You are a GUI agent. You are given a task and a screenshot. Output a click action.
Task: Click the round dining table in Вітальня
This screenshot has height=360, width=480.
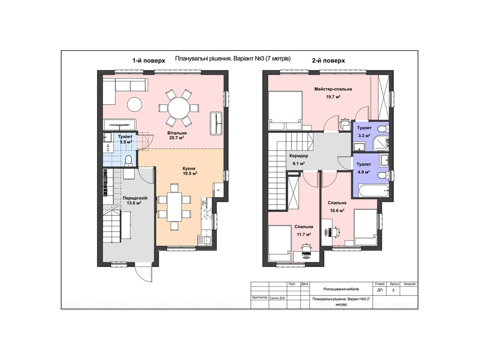click(x=179, y=108)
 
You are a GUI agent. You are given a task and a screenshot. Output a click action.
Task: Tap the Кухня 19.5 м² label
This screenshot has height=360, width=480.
click(x=189, y=171)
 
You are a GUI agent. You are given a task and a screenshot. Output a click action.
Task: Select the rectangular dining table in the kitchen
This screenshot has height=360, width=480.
click(x=174, y=207)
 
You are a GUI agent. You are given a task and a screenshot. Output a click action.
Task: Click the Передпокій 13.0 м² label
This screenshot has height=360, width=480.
click(x=135, y=200)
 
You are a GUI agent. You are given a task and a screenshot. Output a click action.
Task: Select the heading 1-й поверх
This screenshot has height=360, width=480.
click(x=149, y=61)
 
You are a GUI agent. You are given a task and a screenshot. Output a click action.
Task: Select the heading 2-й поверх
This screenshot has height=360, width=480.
click(x=328, y=61)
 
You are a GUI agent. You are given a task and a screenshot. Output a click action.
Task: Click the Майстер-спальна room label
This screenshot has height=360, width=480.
click(x=333, y=89)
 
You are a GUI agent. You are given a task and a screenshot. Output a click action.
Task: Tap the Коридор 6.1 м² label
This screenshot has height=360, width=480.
click(x=298, y=159)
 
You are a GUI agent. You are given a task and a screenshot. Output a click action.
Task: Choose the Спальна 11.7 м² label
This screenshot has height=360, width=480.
click(x=304, y=230)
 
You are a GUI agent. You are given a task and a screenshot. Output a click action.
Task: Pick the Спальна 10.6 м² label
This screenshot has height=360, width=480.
click(x=337, y=206)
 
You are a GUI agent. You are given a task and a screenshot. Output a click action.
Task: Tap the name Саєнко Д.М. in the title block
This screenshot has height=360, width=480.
click(x=277, y=298)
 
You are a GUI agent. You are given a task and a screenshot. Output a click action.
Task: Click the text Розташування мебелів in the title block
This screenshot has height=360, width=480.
click(x=341, y=289)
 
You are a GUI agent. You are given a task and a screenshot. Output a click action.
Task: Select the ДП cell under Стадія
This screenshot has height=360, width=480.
click(x=380, y=290)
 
